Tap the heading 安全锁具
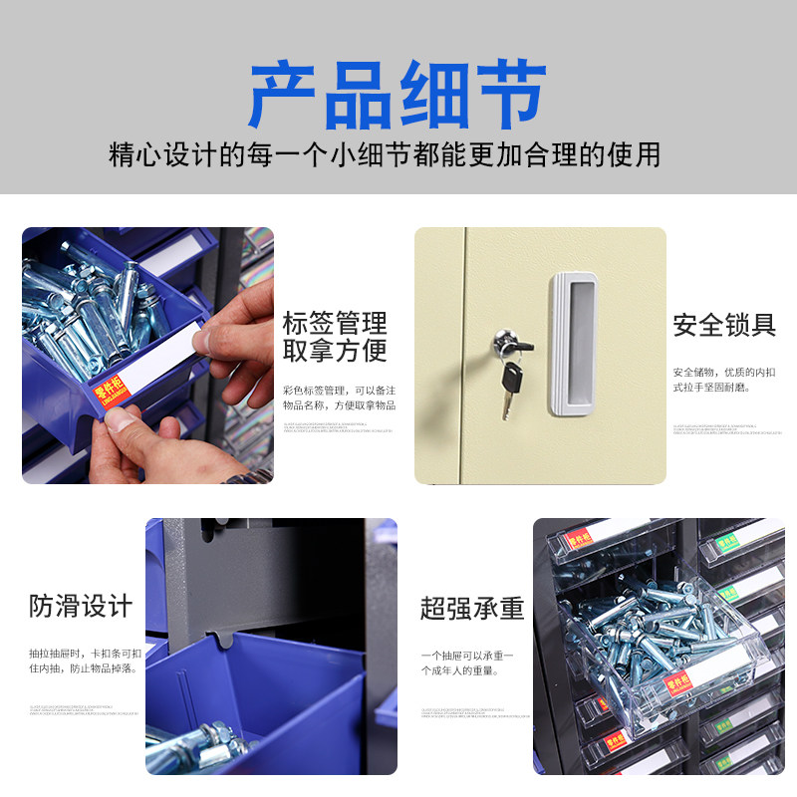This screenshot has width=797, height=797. coord(723,325)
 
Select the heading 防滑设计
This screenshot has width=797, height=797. coord(81,606)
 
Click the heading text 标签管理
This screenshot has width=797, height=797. coord(335,323)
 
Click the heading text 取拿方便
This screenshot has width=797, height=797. coord(335,351)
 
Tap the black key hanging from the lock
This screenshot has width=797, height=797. coord(511,387)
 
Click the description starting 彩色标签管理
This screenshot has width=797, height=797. coord(339,398)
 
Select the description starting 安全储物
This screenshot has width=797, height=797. coord(723,379)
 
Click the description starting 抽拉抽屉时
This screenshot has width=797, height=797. coord(84,661)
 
